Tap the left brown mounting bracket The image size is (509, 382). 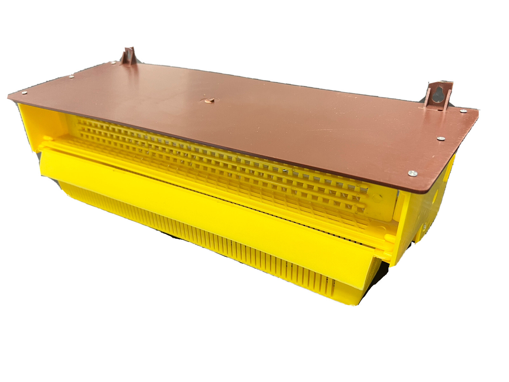[x=128, y=56]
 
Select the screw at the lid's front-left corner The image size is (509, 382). [x=24, y=93]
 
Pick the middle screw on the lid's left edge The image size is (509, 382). [x=72, y=76]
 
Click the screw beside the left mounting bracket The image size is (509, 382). [x=113, y=63]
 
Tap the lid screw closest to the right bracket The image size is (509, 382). [x=463, y=111]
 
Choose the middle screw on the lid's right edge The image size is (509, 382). [x=441, y=138]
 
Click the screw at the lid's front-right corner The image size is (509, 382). [x=412, y=173]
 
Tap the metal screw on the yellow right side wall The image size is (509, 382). [x=424, y=227]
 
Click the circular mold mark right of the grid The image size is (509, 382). [x=377, y=198]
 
